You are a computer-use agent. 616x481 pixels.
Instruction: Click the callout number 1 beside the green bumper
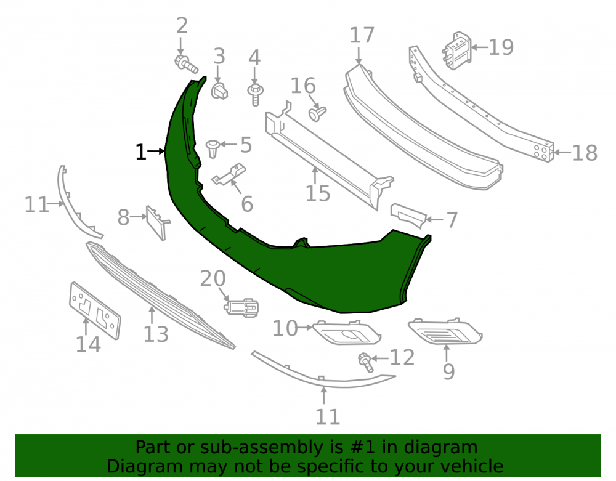(x=140, y=152)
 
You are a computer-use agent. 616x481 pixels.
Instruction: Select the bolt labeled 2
(x=186, y=65)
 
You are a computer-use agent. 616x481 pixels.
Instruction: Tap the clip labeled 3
(x=220, y=91)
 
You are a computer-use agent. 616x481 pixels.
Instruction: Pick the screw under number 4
(x=256, y=95)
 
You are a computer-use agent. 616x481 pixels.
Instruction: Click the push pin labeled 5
(x=212, y=148)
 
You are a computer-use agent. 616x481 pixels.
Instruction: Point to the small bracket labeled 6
(x=229, y=174)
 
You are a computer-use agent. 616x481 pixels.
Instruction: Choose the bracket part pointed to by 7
(x=408, y=215)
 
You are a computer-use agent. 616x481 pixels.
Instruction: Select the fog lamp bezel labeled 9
(x=445, y=331)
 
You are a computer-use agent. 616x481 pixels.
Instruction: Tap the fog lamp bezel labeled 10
(x=347, y=333)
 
